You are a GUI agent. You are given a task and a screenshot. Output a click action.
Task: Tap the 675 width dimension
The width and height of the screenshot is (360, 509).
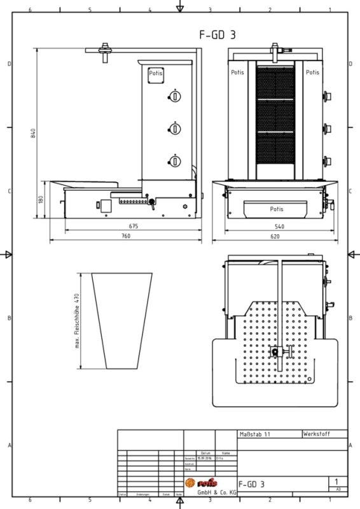coord(134,226)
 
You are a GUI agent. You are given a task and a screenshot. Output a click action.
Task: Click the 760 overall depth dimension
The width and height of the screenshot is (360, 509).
coord(125,236)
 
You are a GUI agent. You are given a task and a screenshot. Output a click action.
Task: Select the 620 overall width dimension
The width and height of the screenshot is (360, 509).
coord(274,236)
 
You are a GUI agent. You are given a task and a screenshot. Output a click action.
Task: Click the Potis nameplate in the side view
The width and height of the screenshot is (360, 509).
coord(155,74)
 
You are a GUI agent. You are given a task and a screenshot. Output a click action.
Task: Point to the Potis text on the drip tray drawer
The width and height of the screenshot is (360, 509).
coord(277,208)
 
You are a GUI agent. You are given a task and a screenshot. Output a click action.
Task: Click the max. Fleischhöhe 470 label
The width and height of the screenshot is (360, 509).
coord(76,323)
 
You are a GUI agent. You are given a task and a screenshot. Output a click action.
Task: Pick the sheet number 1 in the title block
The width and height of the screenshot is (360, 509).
coord(336,482)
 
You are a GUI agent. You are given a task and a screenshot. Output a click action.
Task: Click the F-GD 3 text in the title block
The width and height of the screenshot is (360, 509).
coord(252,484)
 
